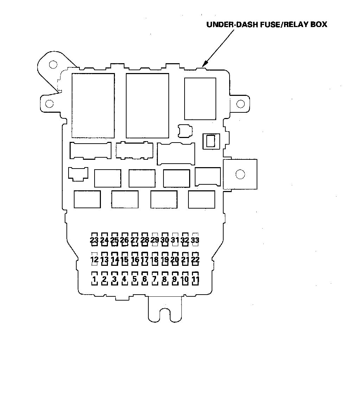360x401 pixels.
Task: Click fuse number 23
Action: [94, 241]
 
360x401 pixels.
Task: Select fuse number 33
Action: [195, 241]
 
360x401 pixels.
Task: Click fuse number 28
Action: [144, 241]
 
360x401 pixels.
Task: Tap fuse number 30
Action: [165, 241]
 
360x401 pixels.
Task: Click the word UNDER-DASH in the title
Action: [232, 25]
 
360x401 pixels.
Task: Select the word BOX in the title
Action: [319, 25]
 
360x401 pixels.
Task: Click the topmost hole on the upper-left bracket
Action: [53, 64]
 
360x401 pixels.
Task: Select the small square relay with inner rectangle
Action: [211, 141]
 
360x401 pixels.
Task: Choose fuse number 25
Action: [114, 241]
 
